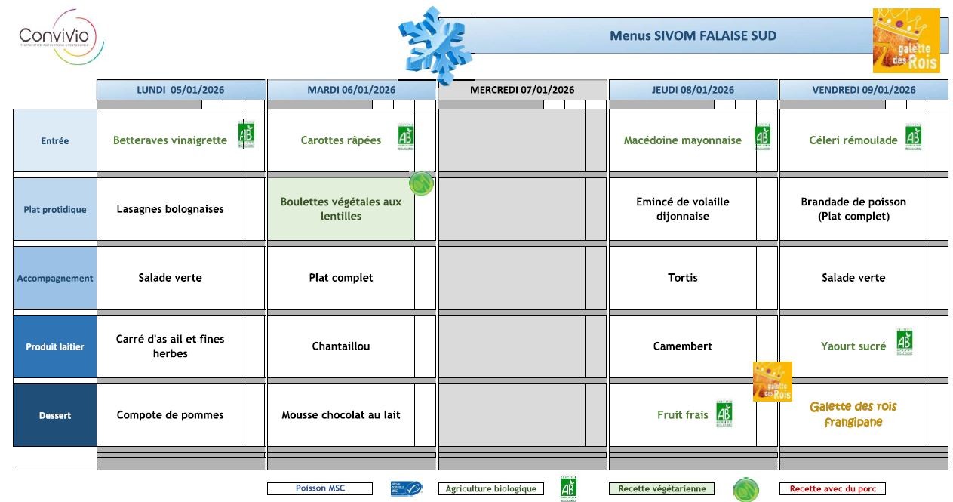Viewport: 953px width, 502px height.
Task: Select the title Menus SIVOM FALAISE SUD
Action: coord(692,35)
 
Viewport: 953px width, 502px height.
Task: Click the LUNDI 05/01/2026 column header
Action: coord(180,90)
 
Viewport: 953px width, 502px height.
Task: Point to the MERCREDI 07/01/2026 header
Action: coord(521,90)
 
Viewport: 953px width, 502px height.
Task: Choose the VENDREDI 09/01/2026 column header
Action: coord(863,90)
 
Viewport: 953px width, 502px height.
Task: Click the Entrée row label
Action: coord(55,140)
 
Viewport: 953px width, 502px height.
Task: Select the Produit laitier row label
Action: coord(55,346)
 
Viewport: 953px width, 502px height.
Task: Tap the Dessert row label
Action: coord(55,415)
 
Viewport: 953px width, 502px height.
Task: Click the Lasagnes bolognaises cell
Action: coord(170,209)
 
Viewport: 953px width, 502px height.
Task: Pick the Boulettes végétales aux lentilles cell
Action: coord(341,209)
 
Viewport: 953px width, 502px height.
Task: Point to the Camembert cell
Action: coord(682,346)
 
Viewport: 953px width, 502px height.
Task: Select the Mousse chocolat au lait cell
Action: coord(341,415)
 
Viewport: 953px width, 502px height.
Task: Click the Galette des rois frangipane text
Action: coord(853,414)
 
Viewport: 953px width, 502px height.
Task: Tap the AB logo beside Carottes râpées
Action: coord(406,137)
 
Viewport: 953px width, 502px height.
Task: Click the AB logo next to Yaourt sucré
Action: coord(904,343)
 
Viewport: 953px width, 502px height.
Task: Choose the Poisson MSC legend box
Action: coord(320,488)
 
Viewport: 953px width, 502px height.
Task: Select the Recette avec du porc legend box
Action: coord(832,488)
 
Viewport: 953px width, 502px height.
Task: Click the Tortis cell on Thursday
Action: coord(682,278)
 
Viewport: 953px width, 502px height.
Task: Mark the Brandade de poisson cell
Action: coord(853,209)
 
